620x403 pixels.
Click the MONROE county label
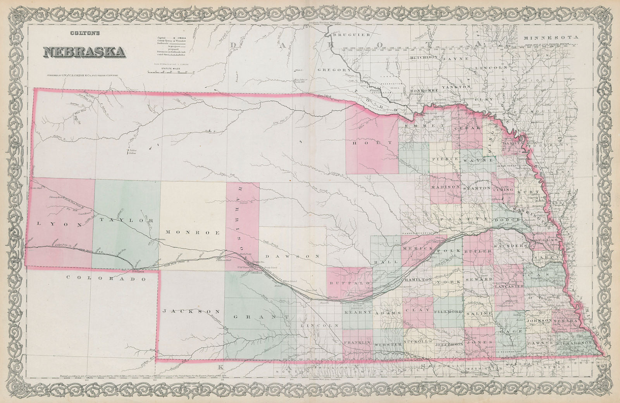pyautogui.click(x=193, y=233)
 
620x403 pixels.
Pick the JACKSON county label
pyautogui.click(x=192, y=312)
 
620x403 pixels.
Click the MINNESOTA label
pyautogui.click(x=551, y=38)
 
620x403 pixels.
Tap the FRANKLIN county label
pyautogui.click(x=357, y=343)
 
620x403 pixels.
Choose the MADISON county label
pyautogui.click(x=445, y=187)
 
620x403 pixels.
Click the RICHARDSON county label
pyautogui.click(x=574, y=343)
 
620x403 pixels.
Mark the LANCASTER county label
pyautogui.click(x=509, y=286)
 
